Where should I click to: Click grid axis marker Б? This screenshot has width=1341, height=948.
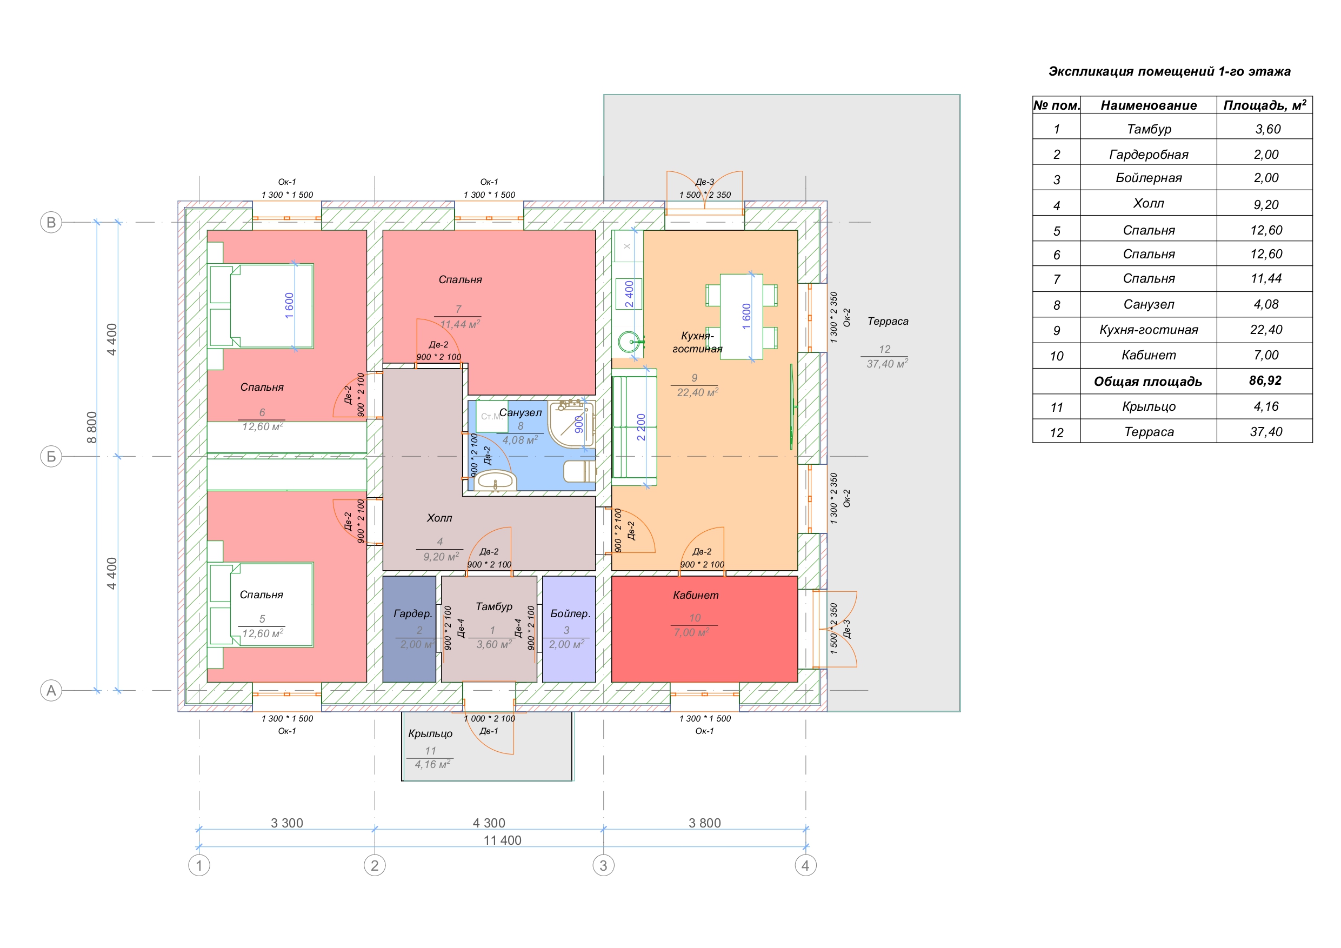click(51, 456)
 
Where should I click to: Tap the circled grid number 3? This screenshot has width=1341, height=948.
click(603, 865)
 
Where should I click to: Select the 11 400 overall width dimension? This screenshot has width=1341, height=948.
click(502, 840)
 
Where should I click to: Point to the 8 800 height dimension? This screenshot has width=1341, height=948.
click(92, 427)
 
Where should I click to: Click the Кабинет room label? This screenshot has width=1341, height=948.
click(696, 595)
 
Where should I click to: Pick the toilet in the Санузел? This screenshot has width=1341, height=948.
click(579, 471)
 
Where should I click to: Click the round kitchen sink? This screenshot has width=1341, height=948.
click(629, 342)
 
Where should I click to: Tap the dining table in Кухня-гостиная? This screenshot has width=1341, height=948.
click(741, 316)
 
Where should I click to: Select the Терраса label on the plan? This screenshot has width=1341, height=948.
click(888, 321)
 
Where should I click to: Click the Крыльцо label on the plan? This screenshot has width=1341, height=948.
click(430, 733)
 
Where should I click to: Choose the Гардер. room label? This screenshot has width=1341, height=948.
click(413, 613)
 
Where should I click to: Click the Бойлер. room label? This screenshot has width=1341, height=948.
click(570, 613)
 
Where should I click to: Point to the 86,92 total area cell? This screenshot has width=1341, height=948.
click(1265, 381)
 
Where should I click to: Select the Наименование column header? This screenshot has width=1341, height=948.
click(1148, 105)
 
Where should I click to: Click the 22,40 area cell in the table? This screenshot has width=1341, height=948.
click(1266, 330)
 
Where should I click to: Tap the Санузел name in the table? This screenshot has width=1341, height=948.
click(1148, 304)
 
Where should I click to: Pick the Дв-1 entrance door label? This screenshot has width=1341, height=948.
click(489, 731)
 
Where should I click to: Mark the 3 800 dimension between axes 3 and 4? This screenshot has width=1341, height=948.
click(704, 823)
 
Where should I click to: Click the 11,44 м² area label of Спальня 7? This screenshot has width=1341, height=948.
click(460, 324)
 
